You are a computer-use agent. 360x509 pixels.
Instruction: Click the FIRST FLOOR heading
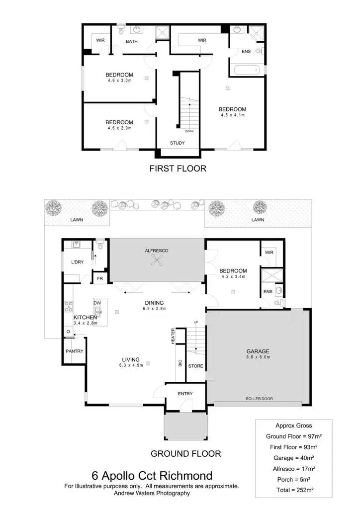click(x=178, y=169)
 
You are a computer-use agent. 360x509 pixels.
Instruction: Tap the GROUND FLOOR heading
click(x=185, y=453)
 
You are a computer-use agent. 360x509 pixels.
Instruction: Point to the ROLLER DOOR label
click(x=259, y=399)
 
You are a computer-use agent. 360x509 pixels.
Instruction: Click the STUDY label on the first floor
click(x=177, y=143)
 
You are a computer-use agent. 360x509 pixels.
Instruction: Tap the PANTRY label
click(x=74, y=351)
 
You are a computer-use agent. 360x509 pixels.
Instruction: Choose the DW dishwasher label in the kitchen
click(x=97, y=303)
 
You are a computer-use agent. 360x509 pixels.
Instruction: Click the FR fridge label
click(x=99, y=279)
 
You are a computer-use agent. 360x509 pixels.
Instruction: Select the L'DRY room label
click(x=77, y=262)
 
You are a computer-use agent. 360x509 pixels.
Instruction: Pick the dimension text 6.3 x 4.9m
click(x=131, y=365)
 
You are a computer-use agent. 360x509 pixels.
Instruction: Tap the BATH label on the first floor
click(x=132, y=41)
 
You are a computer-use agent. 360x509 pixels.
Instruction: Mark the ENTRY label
click(x=184, y=394)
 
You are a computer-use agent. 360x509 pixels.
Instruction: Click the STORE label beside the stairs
click(x=196, y=366)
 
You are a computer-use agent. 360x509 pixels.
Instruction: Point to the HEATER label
click(x=173, y=337)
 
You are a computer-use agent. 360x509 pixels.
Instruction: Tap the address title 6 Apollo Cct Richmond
click(x=152, y=476)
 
